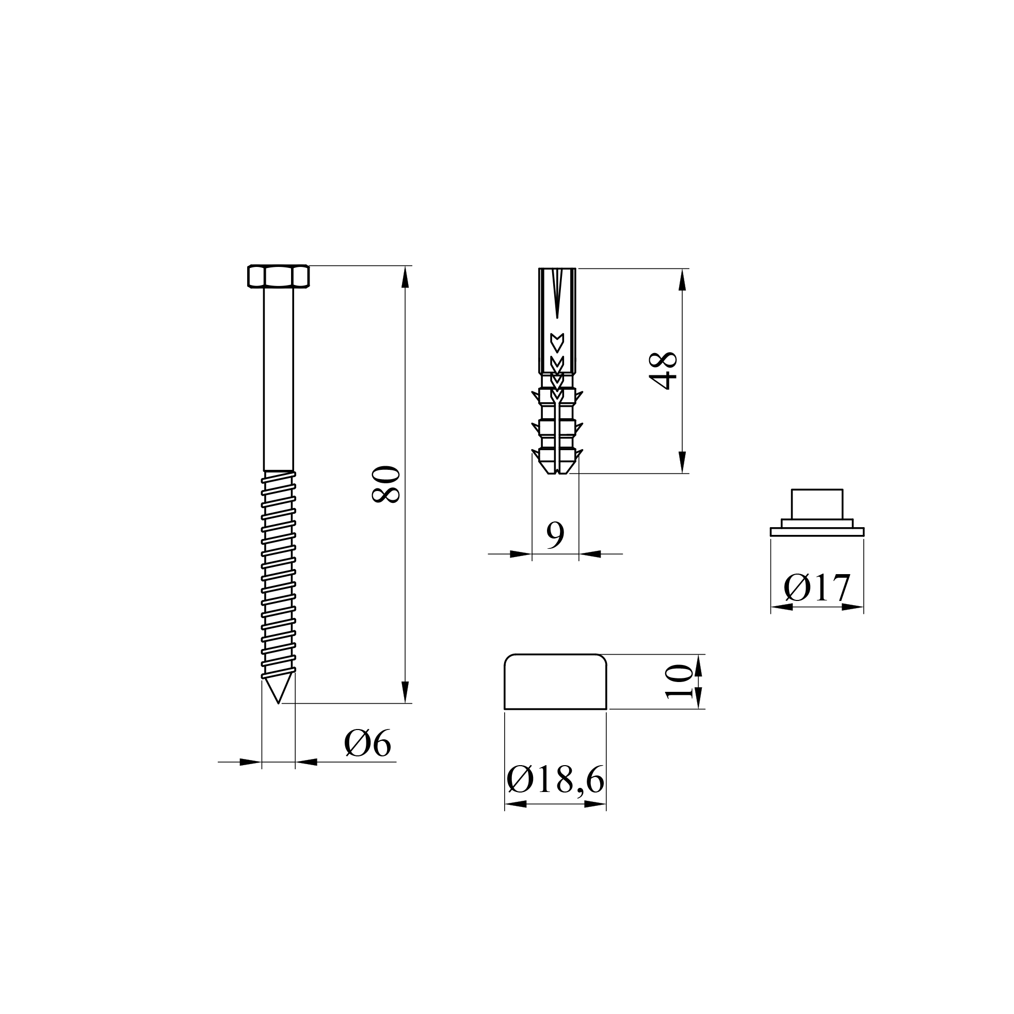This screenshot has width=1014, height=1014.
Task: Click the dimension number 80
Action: (x=386, y=484)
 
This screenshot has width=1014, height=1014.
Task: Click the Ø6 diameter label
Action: (x=368, y=743)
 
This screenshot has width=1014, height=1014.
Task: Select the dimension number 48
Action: (x=663, y=371)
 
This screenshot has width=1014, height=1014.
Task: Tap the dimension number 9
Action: (x=555, y=535)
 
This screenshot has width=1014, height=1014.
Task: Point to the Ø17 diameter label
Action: (x=817, y=588)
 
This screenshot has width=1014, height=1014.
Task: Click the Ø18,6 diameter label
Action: (x=555, y=781)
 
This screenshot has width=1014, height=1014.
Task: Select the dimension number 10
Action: (x=679, y=682)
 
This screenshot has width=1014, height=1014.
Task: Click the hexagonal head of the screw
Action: (x=278, y=276)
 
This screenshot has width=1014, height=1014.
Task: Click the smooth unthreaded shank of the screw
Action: (x=278, y=378)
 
